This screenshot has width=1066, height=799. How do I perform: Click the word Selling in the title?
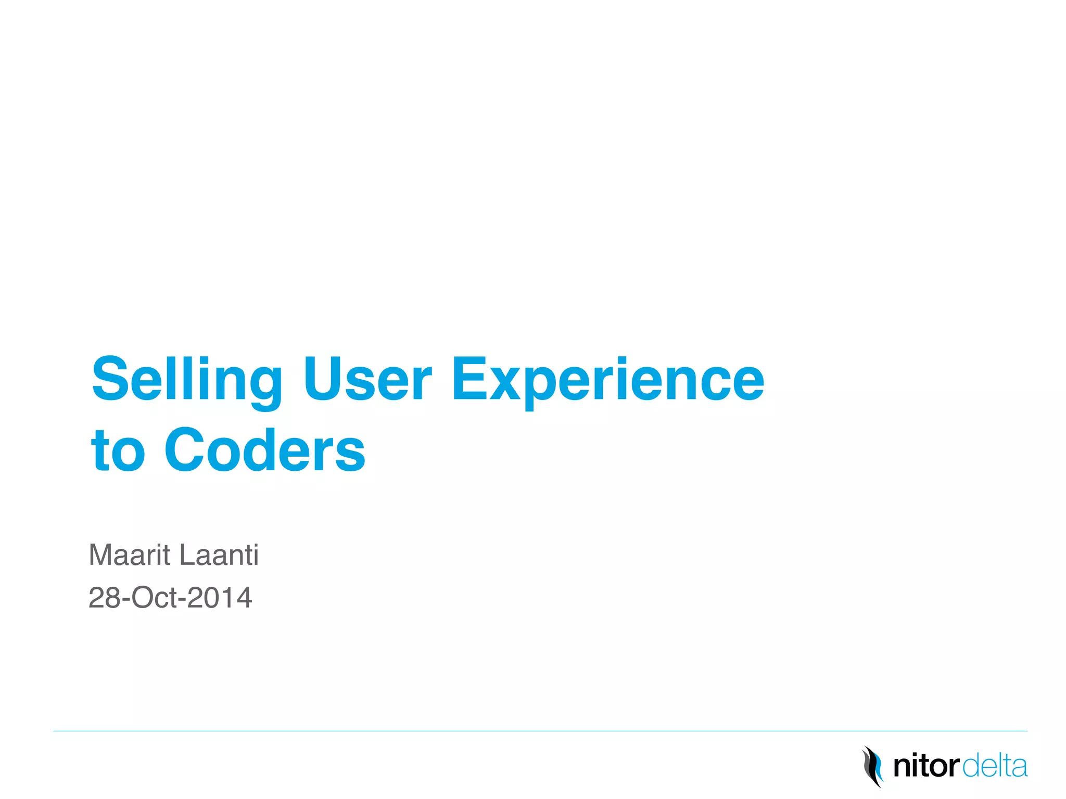tap(186, 381)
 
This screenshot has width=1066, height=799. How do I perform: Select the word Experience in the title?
tap(607, 381)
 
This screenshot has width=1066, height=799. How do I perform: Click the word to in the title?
tap(118, 450)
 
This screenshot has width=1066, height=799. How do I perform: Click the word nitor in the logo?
tap(925, 767)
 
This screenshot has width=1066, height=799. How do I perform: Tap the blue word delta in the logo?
tap(995, 767)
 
